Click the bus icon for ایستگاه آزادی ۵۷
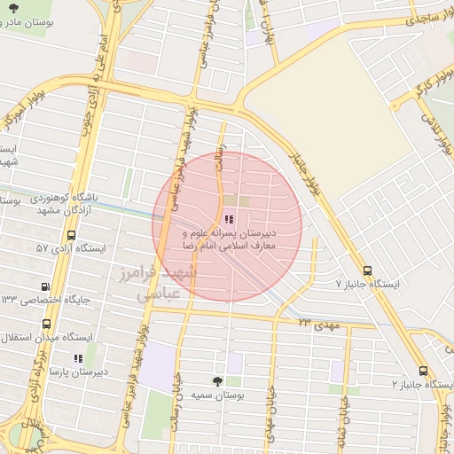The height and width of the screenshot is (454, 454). point(71,235)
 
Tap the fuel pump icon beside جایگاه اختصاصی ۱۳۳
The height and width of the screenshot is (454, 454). point(46,286)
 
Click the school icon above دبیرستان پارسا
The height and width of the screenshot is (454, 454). point(78,358)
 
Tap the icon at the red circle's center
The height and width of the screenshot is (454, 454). point(228,219)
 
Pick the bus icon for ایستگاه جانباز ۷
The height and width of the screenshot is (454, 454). point(368,270)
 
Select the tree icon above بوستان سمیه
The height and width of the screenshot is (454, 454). point(218,380)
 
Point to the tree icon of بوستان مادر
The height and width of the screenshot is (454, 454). point(9,21)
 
